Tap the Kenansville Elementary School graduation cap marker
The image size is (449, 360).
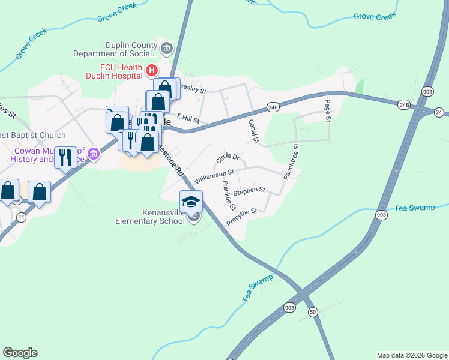[x=191, y=202]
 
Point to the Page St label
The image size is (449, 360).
[x=328, y=110]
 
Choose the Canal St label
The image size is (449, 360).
[x=253, y=131]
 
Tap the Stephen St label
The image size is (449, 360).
[x=249, y=191]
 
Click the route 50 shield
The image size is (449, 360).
[x=312, y=312]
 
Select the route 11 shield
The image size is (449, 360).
[x=22, y=217]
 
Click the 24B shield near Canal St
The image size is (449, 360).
[x=273, y=107]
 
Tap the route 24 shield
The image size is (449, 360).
[x=439, y=112]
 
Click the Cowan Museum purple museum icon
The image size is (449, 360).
[x=93, y=154]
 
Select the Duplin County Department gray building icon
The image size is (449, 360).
[x=167, y=48]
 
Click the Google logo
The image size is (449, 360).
[x=20, y=353]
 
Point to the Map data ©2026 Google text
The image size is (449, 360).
[x=412, y=355]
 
